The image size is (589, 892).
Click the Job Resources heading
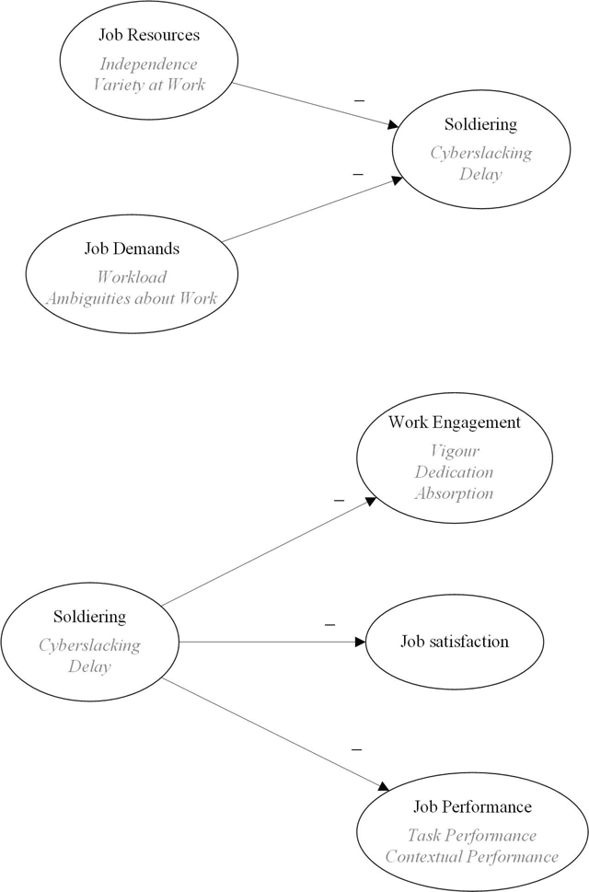click(x=149, y=35)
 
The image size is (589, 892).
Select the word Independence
click(x=149, y=64)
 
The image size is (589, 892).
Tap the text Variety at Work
click(x=149, y=85)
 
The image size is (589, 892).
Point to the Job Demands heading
click(x=132, y=249)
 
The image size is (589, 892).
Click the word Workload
click(x=132, y=277)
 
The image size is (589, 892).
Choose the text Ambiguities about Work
click(x=132, y=298)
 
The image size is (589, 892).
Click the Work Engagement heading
click(x=455, y=423)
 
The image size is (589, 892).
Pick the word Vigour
click(x=455, y=451)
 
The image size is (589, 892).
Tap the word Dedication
click(x=455, y=472)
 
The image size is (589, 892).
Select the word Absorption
click(x=455, y=493)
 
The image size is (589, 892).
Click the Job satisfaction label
click(x=455, y=642)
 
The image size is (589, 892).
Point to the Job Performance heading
click(x=472, y=806)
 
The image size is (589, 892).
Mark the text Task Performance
click(x=472, y=835)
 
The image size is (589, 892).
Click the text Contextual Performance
click(x=472, y=856)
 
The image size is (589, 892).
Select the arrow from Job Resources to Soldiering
click(x=316, y=105)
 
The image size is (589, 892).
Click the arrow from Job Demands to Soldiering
click(x=312, y=209)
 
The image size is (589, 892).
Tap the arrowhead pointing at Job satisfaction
click(x=360, y=642)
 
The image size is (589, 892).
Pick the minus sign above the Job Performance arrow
click(x=356, y=750)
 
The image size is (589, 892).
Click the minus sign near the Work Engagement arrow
click(x=339, y=501)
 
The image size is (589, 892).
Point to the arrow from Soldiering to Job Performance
click(x=276, y=734)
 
